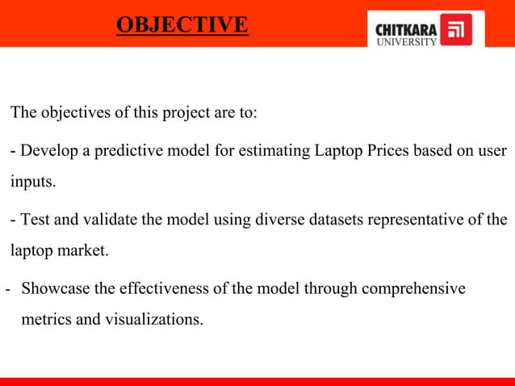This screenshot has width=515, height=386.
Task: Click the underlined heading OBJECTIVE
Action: click(182, 25)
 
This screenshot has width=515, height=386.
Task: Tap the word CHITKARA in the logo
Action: click(407, 29)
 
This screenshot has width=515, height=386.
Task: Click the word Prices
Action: click(390, 151)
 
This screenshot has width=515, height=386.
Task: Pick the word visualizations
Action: click(153, 319)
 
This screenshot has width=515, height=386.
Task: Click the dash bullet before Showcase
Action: click(8, 289)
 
